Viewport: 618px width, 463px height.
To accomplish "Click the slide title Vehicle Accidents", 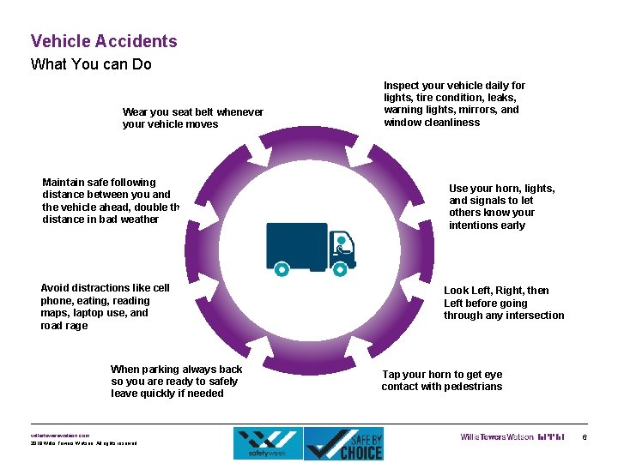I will coord(104,41).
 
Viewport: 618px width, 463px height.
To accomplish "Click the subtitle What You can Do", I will coord(91,64).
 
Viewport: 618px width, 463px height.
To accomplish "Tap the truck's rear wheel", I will coord(282,268).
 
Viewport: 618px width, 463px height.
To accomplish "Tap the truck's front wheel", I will coord(340,268).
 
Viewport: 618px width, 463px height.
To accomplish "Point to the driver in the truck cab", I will coord(343,246).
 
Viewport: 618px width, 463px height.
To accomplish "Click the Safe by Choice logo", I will coord(344,443).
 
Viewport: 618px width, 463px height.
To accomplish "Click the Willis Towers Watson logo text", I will coord(496,437).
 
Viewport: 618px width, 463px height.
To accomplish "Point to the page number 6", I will coord(585,438).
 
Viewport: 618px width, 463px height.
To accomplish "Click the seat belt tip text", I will coord(193,118).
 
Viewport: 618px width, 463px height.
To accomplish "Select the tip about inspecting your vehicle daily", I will coord(454,104).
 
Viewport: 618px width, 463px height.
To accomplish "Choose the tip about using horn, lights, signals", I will coord(501,207).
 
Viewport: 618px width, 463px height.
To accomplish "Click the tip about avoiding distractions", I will coord(105,307).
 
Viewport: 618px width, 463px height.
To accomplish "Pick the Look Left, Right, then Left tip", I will coord(503,303).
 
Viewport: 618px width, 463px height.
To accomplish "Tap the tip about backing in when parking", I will coord(176,382).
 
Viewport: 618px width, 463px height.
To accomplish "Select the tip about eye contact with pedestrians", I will coord(442,381).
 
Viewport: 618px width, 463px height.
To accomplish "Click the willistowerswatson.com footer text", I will coord(60,436).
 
